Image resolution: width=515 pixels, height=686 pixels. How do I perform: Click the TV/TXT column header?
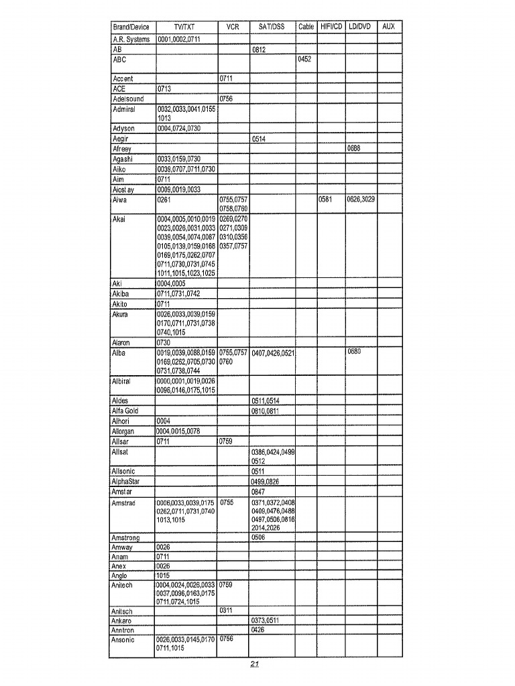(185, 27)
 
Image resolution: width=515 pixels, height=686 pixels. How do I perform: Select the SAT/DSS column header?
(272, 27)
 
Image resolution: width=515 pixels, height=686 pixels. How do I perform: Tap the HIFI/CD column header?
(330, 27)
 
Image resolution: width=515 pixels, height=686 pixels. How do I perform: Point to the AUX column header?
(389, 27)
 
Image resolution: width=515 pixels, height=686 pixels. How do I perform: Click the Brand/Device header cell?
(131, 27)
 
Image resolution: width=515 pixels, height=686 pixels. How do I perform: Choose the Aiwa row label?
(121, 200)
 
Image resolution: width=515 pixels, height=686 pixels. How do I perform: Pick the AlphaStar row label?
(127, 481)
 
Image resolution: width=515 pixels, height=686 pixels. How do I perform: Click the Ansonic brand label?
(124, 640)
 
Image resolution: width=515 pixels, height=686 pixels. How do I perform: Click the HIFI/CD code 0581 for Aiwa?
(326, 200)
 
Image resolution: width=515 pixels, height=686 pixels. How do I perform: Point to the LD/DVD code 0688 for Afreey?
(355, 149)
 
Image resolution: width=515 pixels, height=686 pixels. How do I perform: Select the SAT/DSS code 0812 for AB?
(260, 50)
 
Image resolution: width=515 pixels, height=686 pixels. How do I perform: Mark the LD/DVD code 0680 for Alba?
(355, 351)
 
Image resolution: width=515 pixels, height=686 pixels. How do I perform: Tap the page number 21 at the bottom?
(255, 665)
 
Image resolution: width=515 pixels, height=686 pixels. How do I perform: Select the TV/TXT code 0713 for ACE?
(165, 88)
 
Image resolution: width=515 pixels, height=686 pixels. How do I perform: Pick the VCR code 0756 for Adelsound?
(228, 98)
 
